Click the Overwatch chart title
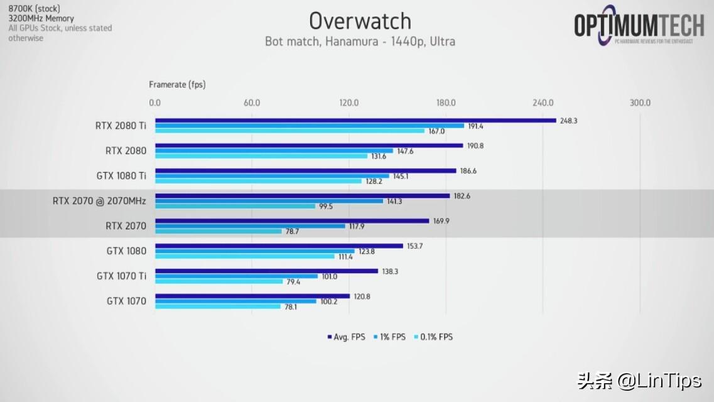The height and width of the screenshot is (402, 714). click(x=360, y=21)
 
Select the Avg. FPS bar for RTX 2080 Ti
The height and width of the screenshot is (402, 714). click(x=355, y=121)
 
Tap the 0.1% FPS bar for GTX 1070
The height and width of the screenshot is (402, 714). click(x=217, y=307)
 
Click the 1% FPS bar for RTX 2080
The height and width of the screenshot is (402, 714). click(x=274, y=151)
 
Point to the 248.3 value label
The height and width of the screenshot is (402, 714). click(x=568, y=121)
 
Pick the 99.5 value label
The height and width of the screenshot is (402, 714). click(x=325, y=206)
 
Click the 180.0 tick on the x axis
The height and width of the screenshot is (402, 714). click(x=446, y=103)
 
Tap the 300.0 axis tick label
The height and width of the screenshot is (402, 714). click(x=640, y=103)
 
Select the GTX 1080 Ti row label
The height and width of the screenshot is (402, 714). click(x=121, y=176)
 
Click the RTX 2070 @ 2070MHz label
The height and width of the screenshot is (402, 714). click(x=99, y=201)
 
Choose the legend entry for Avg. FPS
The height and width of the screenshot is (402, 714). click(x=346, y=337)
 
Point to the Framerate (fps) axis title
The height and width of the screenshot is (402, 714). click(x=177, y=84)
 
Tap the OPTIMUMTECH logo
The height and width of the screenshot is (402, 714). click(x=639, y=26)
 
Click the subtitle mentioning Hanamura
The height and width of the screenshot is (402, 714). click(x=360, y=41)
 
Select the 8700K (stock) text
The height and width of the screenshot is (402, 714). click(x=34, y=9)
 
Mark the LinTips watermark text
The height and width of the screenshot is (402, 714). click(x=647, y=380)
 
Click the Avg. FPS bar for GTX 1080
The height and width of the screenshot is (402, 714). click(x=279, y=246)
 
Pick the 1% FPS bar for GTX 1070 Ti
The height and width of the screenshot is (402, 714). click(x=236, y=276)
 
